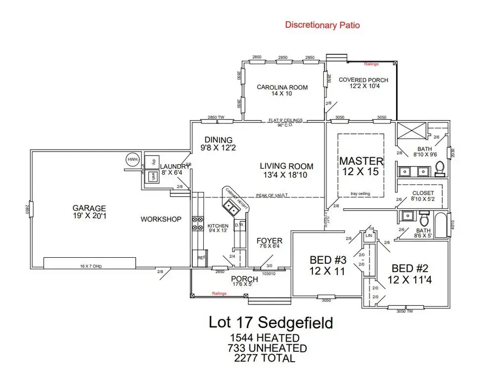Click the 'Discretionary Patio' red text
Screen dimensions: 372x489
tap(322, 24)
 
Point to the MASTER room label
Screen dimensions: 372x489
tap(361, 162)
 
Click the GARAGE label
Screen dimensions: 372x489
tap(90, 208)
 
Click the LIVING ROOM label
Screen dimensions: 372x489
tap(286, 166)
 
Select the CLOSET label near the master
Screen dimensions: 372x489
tap(423, 193)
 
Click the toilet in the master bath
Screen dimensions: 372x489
tap(441, 168)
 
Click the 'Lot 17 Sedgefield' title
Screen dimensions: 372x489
tap(271, 323)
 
